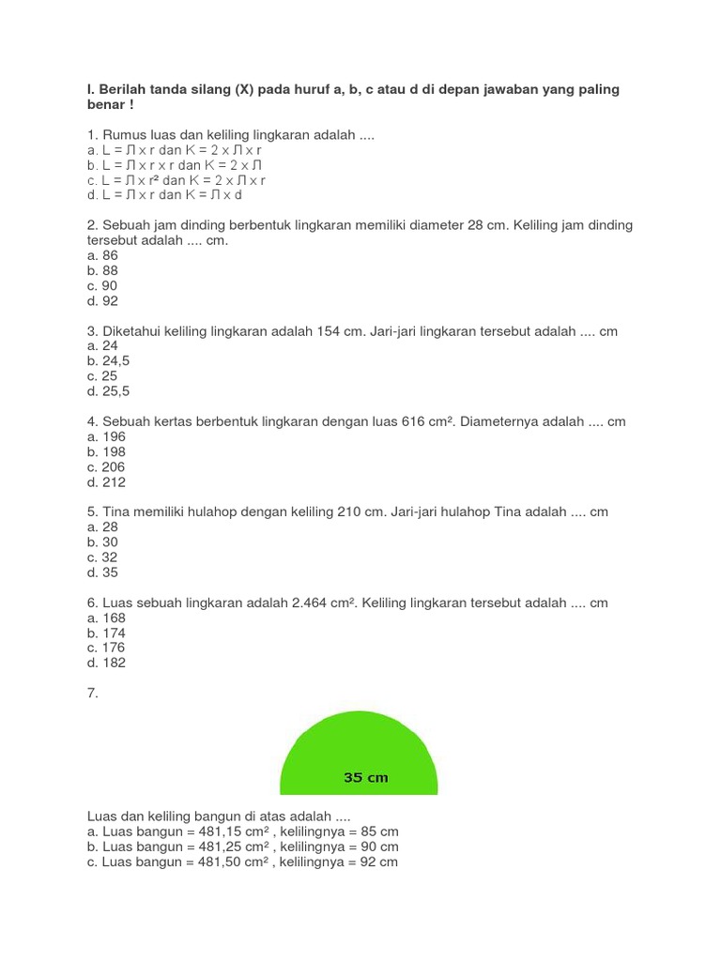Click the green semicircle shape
(359, 751)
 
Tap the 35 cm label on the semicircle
(366, 777)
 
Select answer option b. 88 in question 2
(102, 270)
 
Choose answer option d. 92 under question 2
(102, 301)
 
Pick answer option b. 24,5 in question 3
(108, 361)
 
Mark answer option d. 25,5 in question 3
(108, 391)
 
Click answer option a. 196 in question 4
(106, 436)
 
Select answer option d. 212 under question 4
(106, 482)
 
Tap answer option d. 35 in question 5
(102, 572)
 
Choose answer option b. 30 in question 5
(102, 542)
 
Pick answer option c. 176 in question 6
(106, 648)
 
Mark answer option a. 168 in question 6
(106, 618)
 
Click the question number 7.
(92, 693)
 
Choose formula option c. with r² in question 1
(176, 180)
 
